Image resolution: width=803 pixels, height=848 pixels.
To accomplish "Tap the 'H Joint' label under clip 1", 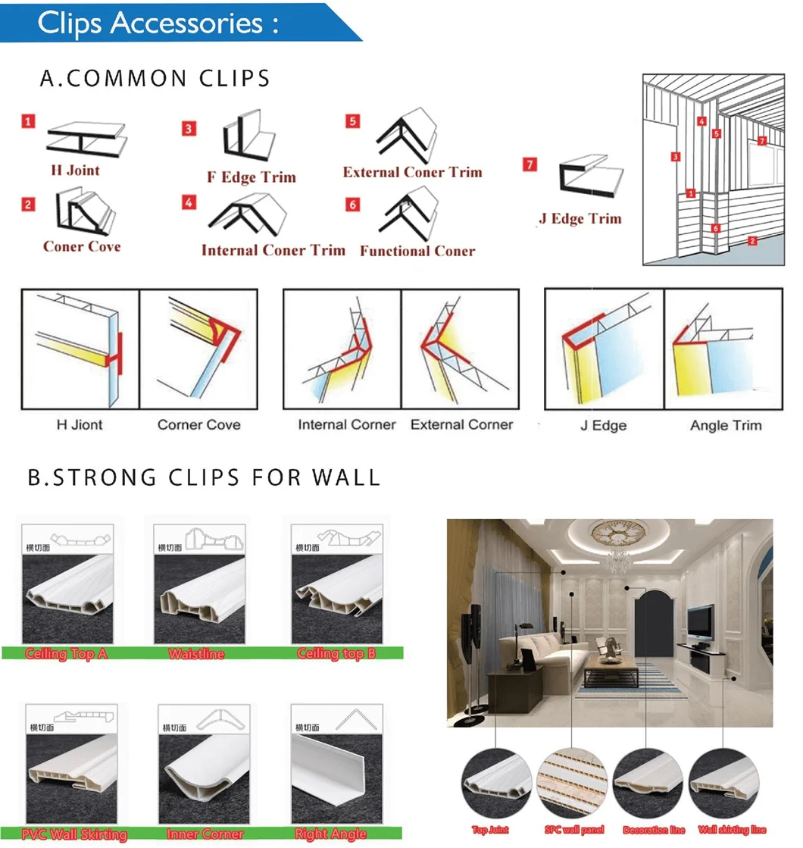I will click(x=75, y=171).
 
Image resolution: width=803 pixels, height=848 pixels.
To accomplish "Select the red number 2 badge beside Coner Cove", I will click(x=28, y=204).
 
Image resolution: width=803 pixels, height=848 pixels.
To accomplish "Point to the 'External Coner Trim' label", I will click(x=412, y=172).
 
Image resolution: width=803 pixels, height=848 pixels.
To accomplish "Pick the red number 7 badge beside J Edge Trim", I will click(x=530, y=164).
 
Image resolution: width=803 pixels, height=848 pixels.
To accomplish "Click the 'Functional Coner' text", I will click(x=417, y=251).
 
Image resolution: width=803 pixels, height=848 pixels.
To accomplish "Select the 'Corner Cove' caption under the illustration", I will click(x=198, y=424).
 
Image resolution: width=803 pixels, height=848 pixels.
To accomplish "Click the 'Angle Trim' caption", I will click(x=725, y=425).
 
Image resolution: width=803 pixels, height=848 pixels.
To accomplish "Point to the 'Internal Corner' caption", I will click(x=346, y=424).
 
